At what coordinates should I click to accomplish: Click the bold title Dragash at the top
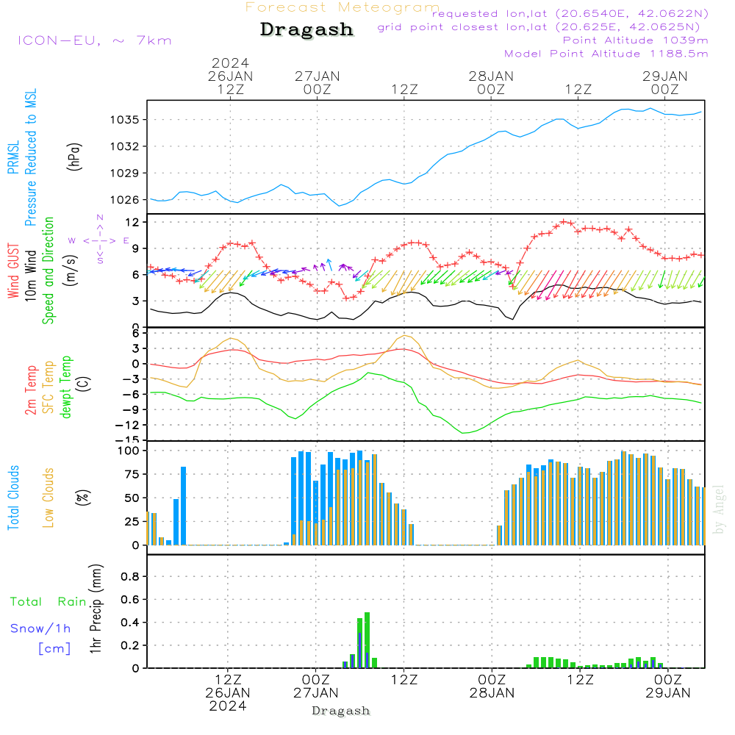click(x=306, y=29)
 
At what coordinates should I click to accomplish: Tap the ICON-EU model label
click(x=94, y=40)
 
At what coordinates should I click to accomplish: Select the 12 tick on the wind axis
click(x=133, y=222)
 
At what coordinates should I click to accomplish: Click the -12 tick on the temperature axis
click(x=129, y=425)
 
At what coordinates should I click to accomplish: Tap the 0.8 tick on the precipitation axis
click(x=130, y=577)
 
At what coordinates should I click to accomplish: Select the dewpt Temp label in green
click(x=66, y=387)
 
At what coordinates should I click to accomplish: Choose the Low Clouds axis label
click(x=49, y=498)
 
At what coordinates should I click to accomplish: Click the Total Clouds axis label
click(x=14, y=498)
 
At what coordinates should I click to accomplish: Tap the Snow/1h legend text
click(x=40, y=628)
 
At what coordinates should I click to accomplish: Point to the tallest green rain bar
click(x=367, y=639)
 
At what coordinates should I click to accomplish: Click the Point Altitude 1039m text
click(x=635, y=40)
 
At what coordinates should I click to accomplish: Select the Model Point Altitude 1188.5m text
click(x=606, y=53)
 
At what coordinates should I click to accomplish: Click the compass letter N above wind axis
click(x=100, y=218)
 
